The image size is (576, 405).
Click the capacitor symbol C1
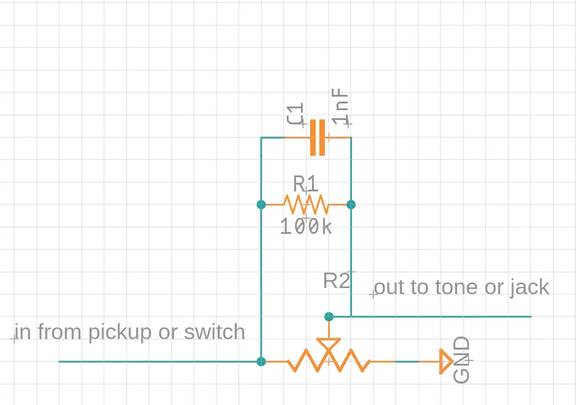click(318, 137)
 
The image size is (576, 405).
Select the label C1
click(295, 114)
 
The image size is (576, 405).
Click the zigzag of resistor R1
click(306, 204)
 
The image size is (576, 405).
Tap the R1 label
click(306, 184)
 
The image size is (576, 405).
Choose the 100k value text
click(306, 227)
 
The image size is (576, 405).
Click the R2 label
click(337, 281)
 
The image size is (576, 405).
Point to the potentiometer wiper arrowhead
click(328, 345)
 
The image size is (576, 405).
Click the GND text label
click(462, 360)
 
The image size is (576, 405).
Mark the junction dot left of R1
click(262, 204)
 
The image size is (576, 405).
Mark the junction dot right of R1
click(351, 204)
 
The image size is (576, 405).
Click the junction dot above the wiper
click(329, 316)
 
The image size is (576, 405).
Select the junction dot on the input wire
click(262, 361)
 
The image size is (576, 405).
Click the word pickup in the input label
click(120, 332)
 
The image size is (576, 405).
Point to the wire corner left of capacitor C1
click(262, 137)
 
